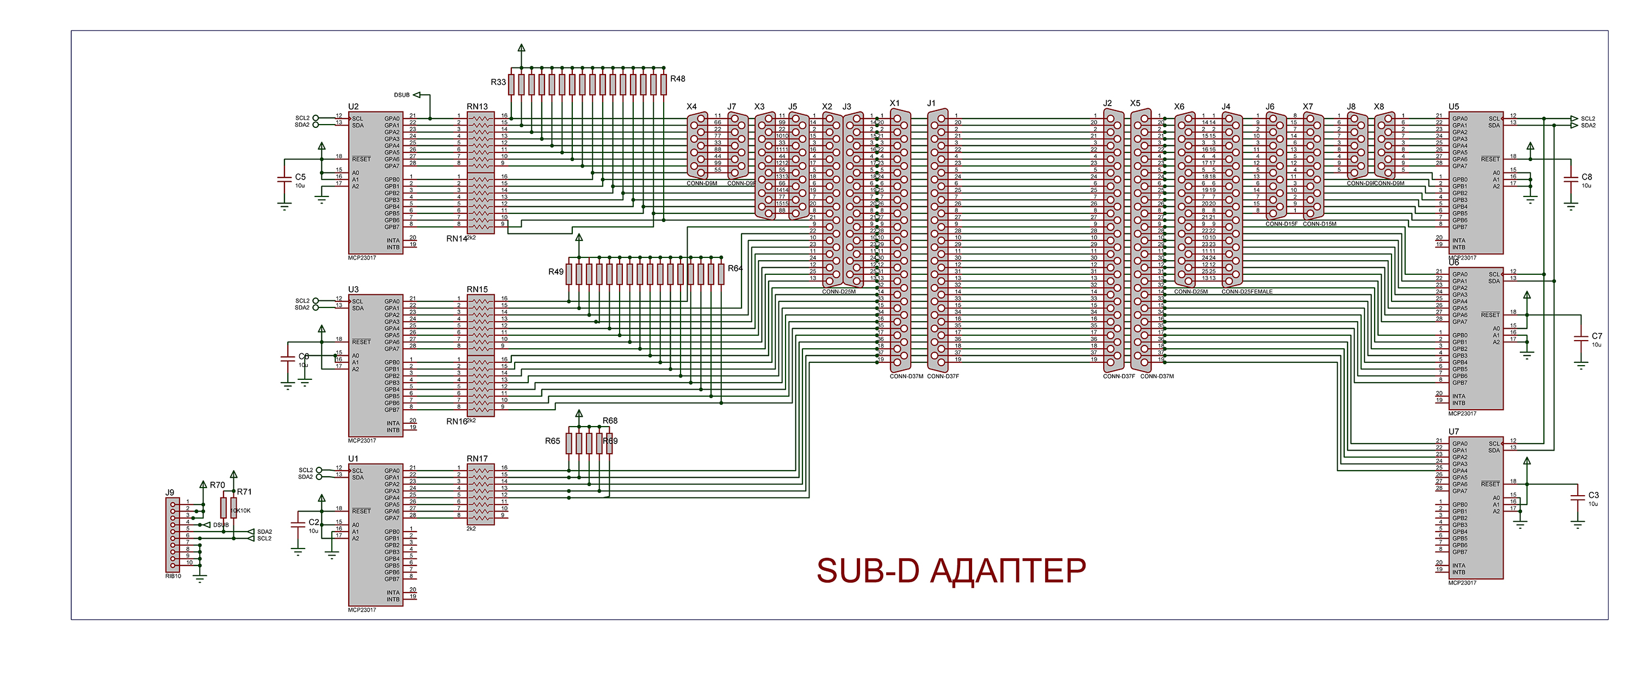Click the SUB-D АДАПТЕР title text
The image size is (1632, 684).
(x=950, y=570)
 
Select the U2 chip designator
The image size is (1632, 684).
(x=353, y=107)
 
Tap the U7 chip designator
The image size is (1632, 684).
(x=1454, y=432)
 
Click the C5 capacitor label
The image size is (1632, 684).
(x=300, y=177)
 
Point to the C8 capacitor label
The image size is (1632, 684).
(x=1586, y=177)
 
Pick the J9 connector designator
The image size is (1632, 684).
(x=170, y=492)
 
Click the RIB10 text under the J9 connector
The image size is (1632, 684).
(x=173, y=576)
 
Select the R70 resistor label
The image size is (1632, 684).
(x=217, y=485)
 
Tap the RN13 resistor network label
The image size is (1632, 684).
(x=477, y=107)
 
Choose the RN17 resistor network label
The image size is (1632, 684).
(x=477, y=458)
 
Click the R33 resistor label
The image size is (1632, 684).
(x=498, y=82)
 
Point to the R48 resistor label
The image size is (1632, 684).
(x=677, y=78)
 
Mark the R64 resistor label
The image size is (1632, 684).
(x=735, y=268)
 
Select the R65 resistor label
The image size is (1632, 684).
(x=553, y=441)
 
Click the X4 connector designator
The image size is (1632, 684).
(x=691, y=107)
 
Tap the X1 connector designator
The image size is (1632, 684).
(x=894, y=103)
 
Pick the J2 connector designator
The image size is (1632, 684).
(x=1107, y=103)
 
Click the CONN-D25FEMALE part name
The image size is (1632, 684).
(x=1246, y=292)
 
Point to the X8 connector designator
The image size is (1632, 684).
(x=1378, y=107)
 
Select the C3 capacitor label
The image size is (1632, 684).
(x=1593, y=495)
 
